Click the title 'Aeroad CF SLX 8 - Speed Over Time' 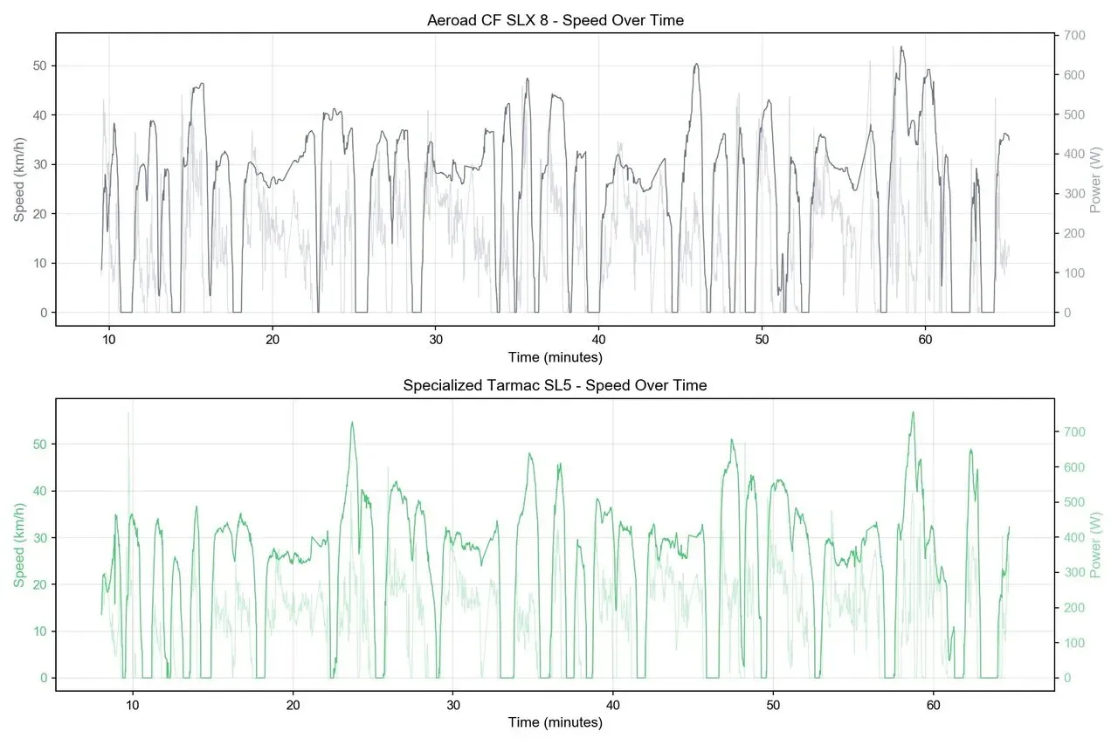point(555,20)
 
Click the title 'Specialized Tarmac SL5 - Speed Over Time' point(555,385)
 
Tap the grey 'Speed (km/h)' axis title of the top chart point(19,179)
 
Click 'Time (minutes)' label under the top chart point(555,357)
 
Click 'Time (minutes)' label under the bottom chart point(555,722)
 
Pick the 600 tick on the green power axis point(1073,467)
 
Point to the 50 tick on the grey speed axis point(38,66)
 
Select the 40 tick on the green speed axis point(38,491)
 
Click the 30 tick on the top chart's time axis point(435,340)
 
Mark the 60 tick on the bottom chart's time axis point(933,704)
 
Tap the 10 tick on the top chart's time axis point(109,340)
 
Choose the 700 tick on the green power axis point(1073,432)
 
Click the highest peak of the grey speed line point(901,47)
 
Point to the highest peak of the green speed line point(913,412)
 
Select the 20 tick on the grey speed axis point(38,214)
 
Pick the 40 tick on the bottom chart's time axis point(613,704)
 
